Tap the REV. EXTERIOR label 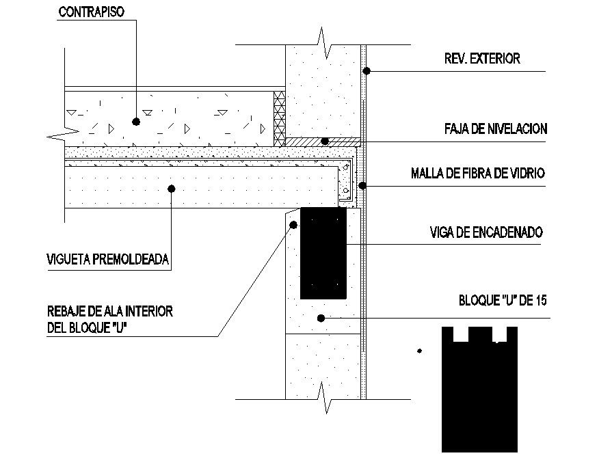coord(482,59)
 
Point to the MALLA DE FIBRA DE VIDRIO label coord(478,173)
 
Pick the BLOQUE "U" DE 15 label coord(503,300)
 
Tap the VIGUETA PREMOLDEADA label coord(107,259)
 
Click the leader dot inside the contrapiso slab coord(136,122)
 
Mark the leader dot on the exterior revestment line coord(367,70)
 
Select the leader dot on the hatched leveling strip coord(326,141)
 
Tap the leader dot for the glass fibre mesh coord(363,185)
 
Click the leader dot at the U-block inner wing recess coord(293,224)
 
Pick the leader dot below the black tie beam coord(320,318)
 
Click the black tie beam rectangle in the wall coord(323,253)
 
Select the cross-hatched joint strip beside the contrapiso coord(278,118)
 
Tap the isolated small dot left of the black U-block coord(419,351)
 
